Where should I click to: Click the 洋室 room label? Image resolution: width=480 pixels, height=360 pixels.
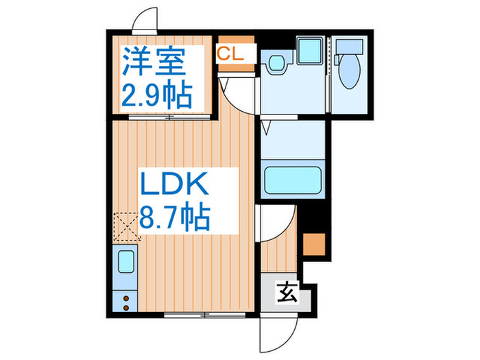click(x=155, y=62)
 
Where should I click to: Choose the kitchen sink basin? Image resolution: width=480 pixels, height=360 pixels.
click(x=127, y=263)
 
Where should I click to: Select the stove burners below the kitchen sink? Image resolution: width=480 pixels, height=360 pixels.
click(x=126, y=300)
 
